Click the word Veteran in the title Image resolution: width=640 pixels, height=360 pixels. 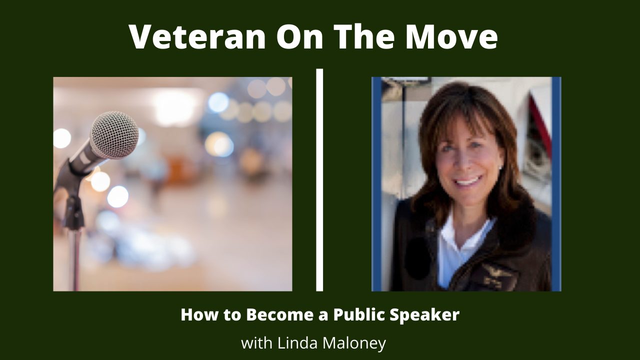pyautogui.click(x=197, y=37)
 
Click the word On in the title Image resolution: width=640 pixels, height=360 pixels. pyautogui.click(x=299, y=37)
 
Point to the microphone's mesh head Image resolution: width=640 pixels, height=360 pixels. pyautogui.click(x=115, y=134)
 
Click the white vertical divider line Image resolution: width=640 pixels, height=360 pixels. pyautogui.click(x=319, y=180)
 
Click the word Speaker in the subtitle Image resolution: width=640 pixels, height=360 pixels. pyautogui.click(x=424, y=315)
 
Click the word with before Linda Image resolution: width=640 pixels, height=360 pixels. pyautogui.click(x=257, y=343)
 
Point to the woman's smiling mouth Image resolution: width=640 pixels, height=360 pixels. pyautogui.click(x=468, y=181)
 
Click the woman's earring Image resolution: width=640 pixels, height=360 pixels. pyautogui.click(x=500, y=167)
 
